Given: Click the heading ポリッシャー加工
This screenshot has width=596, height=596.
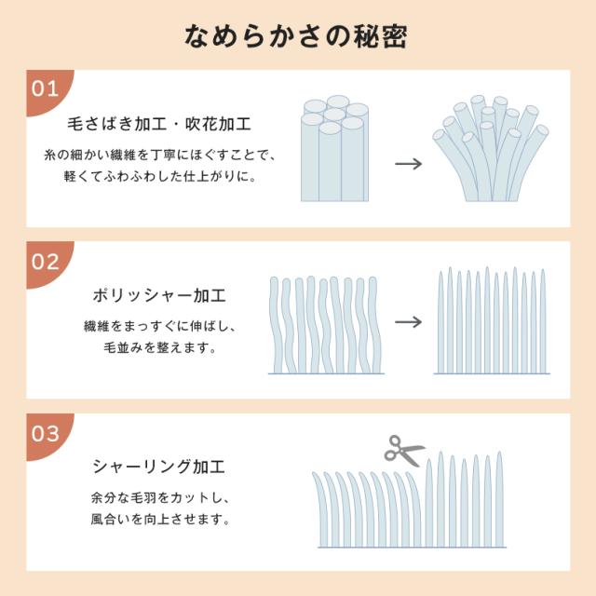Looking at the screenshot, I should pos(159,295).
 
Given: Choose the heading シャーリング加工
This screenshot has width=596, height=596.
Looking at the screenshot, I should pos(159,467).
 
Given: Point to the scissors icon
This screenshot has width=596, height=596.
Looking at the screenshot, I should pos(404,451).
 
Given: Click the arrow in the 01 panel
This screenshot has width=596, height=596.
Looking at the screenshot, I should pos(408,163).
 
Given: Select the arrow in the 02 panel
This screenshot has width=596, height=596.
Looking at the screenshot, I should pos(408,322).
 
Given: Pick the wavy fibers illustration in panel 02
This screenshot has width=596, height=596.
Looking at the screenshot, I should pos(326,324).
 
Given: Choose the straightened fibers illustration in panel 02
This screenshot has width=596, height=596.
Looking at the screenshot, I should pos(491,321).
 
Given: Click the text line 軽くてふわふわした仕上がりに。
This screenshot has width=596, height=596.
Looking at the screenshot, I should pos(159,175).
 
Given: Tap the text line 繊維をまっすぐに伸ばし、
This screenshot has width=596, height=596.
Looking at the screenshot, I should pos(159,327).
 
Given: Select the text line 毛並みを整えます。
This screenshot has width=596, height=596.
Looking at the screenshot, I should pos(159,348).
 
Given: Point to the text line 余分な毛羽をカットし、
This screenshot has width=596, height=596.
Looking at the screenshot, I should pos(159,498).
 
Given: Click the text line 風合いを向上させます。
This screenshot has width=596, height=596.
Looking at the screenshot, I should pos(159,520).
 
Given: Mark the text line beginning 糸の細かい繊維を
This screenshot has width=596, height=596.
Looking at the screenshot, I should pos(159,154).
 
